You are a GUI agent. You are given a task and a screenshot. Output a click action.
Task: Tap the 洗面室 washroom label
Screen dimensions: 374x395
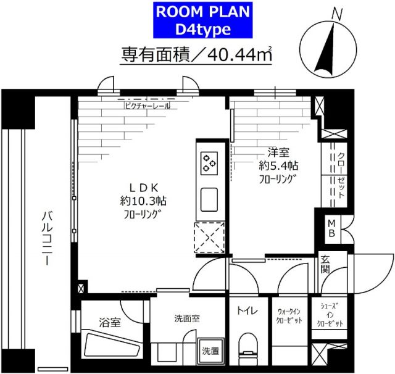coord(185,319)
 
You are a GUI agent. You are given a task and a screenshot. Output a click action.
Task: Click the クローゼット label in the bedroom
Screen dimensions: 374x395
coord(342,173)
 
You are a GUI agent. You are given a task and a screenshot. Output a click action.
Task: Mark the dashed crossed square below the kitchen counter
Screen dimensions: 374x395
coord(209,238)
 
